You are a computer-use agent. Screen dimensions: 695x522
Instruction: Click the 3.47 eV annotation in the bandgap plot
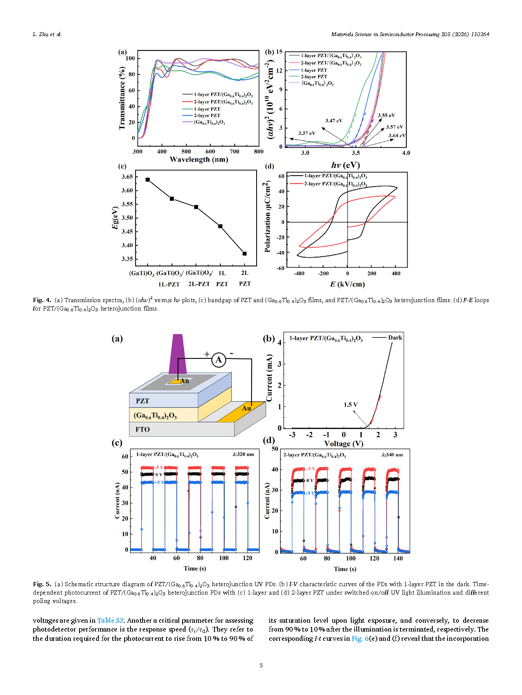[x=334, y=121]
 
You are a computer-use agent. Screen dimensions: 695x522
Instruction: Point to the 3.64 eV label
[x=397, y=135]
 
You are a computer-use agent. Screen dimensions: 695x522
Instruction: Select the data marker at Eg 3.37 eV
[x=244, y=253]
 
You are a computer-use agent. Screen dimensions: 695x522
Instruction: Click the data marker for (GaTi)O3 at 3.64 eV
[x=148, y=180]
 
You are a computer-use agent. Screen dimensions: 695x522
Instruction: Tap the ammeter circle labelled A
[x=218, y=360]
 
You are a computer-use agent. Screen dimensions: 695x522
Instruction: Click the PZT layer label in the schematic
[x=142, y=401]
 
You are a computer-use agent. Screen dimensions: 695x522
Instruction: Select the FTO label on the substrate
[x=142, y=429]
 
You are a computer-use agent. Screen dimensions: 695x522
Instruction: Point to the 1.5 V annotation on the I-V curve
[x=350, y=405]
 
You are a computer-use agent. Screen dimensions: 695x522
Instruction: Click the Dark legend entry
[x=395, y=337]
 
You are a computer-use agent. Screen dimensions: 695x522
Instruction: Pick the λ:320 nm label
[x=243, y=454]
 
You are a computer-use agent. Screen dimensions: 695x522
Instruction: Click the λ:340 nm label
[x=392, y=455]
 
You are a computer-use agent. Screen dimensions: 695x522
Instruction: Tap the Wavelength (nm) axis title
[x=199, y=160]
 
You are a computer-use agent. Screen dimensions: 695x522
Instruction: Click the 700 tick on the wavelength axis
[x=234, y=152]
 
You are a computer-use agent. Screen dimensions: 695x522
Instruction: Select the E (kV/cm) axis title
[x=347, y=284]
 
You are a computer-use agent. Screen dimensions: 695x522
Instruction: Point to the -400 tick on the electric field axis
[x=299, y=274]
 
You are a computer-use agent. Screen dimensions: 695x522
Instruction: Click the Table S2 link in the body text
[x=110, y=620]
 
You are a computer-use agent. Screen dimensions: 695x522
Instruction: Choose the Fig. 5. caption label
[x=42, y=584]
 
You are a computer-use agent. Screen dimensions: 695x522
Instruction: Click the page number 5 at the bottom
[x=261, y=665]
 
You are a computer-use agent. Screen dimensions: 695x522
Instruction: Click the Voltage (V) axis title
[x=343, y=444]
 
